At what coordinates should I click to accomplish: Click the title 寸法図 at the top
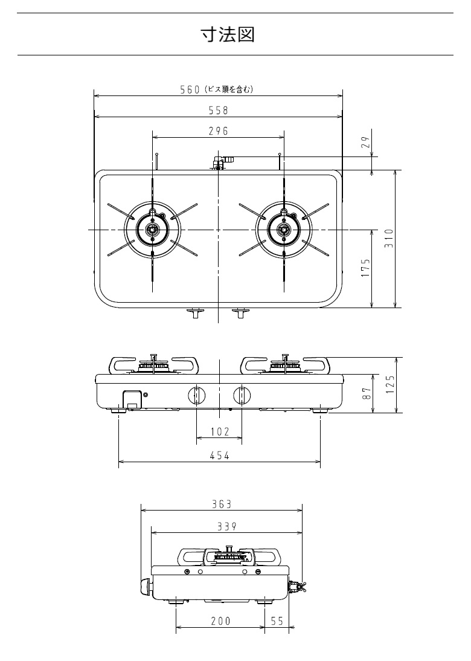(228, 34)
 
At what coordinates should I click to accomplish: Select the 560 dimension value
(190, 89)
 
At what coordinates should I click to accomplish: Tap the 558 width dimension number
(217, 110)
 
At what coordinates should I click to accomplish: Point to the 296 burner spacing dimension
(217, 131)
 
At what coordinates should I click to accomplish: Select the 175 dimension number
(365, 268)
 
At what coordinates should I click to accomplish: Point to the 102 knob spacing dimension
(219, 431)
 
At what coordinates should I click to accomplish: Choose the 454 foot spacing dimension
(219, 456)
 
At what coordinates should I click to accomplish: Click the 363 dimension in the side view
(222, 504)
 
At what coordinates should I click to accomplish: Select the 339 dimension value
(226, 526)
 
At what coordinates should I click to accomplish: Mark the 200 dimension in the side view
(220, 621)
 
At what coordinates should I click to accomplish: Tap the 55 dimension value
(277, 621)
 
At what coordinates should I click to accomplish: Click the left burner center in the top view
(152, 230)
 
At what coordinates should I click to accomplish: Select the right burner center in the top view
(283, 230)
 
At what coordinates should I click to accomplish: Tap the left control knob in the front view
(196, 395)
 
